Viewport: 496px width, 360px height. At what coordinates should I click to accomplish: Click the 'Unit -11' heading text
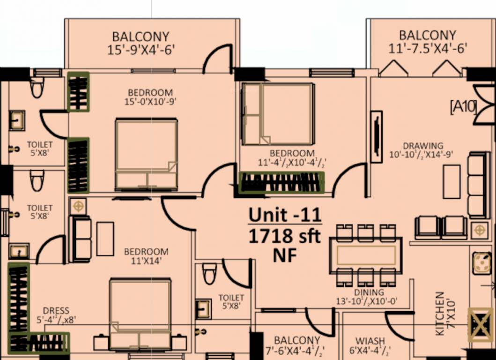tap(285, 215)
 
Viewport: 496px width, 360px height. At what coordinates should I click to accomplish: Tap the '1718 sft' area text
tap(284, 236)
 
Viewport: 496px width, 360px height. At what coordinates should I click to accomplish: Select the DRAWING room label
tap(423, 145)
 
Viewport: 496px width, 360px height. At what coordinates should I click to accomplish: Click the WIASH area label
tap(370, 341)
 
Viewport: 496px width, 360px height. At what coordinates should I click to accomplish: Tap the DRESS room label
tap(56, 311)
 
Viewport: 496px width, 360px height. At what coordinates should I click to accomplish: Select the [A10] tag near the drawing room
tap(463, 107)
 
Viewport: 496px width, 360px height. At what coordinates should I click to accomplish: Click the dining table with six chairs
tap(366, 255)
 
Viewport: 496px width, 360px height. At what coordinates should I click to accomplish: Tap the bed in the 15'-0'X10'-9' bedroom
tap(146, 154)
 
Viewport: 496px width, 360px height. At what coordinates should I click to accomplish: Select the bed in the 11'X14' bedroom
tap(140, 314)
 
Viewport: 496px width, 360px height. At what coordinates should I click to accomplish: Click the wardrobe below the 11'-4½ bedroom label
tap(282, 182)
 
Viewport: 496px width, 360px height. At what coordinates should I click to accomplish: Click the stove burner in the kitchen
tap(481, 263)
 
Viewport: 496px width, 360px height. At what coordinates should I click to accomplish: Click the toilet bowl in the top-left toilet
tap(37, 87)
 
